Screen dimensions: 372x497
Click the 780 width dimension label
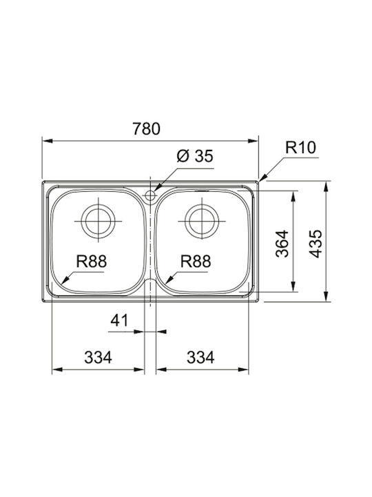(147, 128)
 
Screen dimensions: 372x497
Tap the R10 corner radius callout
(300, 148)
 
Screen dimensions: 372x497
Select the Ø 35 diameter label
(195, 156)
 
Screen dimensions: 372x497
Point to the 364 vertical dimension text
(282, 244)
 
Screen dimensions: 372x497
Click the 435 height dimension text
(316, 244)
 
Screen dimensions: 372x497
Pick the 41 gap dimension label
(119, 320)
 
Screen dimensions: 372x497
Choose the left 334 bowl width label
(98, 358)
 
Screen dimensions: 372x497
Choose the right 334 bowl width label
(200, 358)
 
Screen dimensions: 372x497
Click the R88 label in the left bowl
(92, 262)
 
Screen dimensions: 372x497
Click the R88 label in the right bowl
(196, 262)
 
